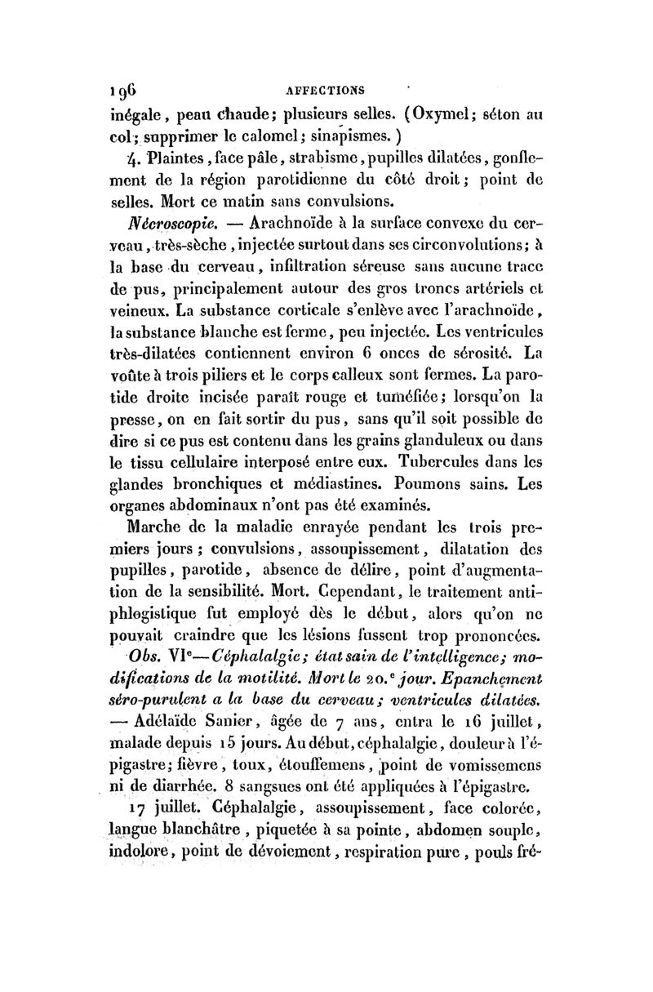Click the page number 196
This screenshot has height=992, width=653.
(122, 88)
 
